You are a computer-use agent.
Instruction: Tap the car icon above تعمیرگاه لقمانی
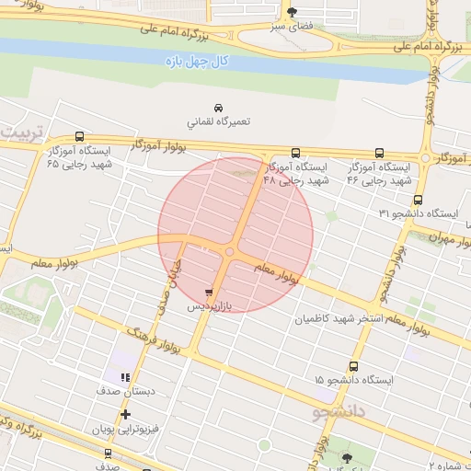[x=218, y=108]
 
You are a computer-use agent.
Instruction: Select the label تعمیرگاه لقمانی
[x=219, y=121]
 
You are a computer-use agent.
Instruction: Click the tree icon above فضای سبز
[x=292, y=13]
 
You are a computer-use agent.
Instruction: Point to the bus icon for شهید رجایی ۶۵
[x=79, y=135]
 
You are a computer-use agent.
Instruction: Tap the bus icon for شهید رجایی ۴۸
[x=295, y=154]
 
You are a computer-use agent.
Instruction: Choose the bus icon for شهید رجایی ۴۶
[x=379, y=154]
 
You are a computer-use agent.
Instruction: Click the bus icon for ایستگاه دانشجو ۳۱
[x=419, y=199]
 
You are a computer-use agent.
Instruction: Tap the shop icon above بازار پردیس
[x=219, y=291]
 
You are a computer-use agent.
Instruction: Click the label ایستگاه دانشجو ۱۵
[x=353, y=379]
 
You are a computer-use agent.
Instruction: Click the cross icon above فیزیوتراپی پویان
[x=126, y=415]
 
